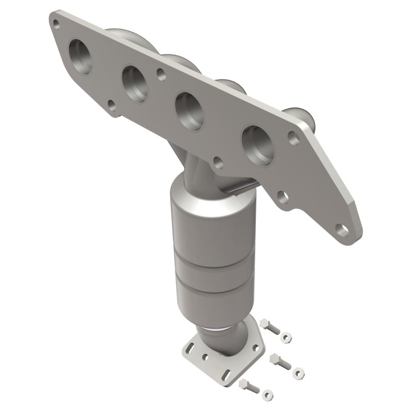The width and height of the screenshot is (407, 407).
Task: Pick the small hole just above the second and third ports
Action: coord(161,74)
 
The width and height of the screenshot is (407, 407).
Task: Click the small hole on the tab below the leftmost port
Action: coord(111,106)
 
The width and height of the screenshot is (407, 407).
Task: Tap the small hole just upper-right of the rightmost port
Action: coord(293,136)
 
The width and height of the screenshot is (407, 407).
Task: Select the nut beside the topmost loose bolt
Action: coord(286,336)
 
